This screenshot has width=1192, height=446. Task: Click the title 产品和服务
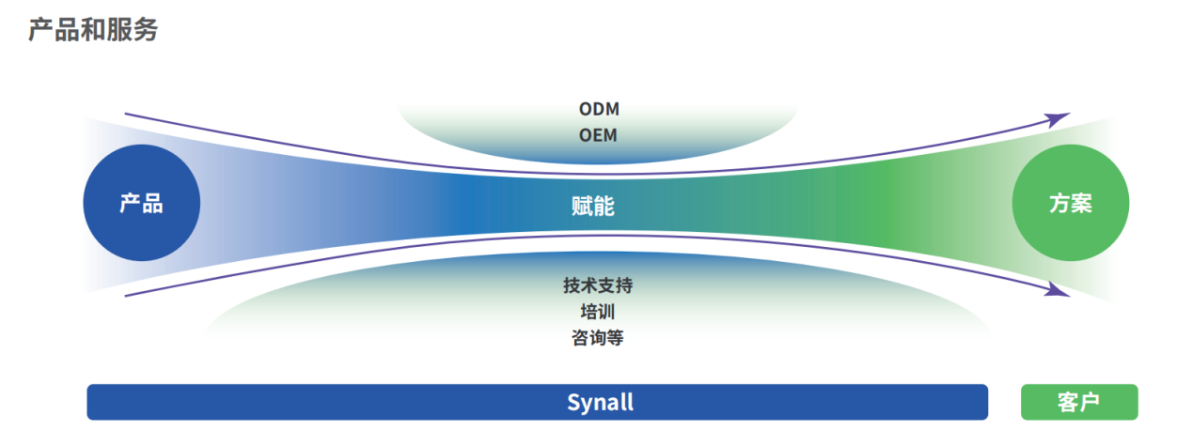pyautogui.click(x=93, y=30)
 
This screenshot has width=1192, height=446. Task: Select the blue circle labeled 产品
pyautogui.click(x=142, y=203)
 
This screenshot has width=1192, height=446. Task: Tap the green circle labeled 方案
pyautogui.click(x=1070, y=203)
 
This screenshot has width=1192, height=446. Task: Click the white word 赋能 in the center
pyautogui.click(x=593, y=206)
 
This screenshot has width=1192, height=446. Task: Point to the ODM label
pyautogui.click(x=599, y=109)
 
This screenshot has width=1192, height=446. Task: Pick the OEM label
pyautogui.click(x=598, y=135)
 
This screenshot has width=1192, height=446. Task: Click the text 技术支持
pyautogui.click(x=598, y=285)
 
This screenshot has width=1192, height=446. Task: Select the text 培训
pyautogui.click(x=598, y=312)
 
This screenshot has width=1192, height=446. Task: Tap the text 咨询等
pyautogui.click(x=598, y=338)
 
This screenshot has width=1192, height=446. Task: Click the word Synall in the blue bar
pyautogui.click(x=601, y=403)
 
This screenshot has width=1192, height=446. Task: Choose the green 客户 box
pyautogui.click(x=1079, y=402)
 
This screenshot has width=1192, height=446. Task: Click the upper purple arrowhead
pyautogui.click(x=1057, y=119)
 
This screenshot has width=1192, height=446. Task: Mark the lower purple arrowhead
pyautogui.click(x=1057, y=290)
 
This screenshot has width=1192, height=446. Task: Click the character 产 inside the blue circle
pyautogui.click(x=130, y=203)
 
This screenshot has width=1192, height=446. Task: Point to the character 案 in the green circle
pyautogui.click(x=1082, y=203)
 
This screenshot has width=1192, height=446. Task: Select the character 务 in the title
pyautogui.click(x=146, y=30)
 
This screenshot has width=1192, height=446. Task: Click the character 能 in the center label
pyautogui.click(x=604, y=206)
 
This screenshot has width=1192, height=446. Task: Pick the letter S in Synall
pyautogui.click(x=573, y=403)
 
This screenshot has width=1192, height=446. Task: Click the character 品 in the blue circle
pyautogui.click(x=152, y=203)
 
